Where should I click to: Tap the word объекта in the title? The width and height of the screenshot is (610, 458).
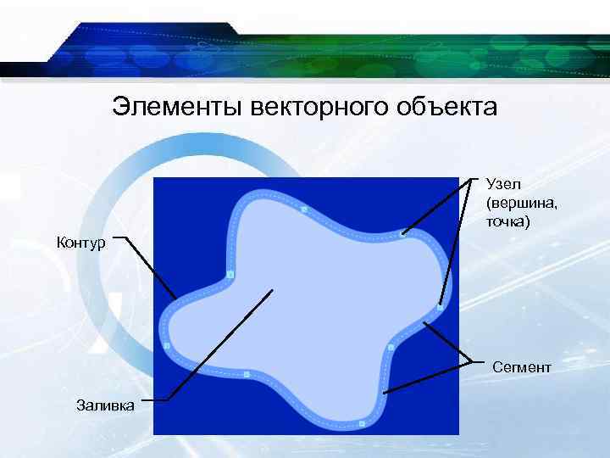click(449, 108)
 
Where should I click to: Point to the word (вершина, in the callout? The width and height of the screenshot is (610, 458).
click(517, 204)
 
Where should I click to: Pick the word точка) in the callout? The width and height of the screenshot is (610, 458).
click(507, 222)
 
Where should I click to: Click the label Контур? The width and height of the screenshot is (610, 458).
click(80, 244)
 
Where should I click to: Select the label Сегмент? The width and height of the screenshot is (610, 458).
click(521, 367)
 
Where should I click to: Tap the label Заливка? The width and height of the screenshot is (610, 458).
click(105, 405)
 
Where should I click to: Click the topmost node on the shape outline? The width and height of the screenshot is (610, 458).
click(303, 209)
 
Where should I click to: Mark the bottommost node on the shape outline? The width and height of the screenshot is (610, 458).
click(362, 422)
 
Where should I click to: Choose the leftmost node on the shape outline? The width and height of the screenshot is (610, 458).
click(167, 346)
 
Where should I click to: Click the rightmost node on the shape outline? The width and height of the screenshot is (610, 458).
click(440, 306)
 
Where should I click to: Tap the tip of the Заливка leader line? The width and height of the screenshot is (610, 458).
click(273, 290)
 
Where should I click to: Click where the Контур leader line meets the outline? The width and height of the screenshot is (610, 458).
click(176, 298)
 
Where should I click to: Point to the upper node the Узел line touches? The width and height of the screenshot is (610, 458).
click(403, 232)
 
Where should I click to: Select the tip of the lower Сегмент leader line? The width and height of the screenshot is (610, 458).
click(384, 393)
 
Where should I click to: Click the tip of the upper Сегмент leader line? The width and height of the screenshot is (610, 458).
click(426, 324)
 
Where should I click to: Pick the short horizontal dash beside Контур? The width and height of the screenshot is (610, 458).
click(120, 238)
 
